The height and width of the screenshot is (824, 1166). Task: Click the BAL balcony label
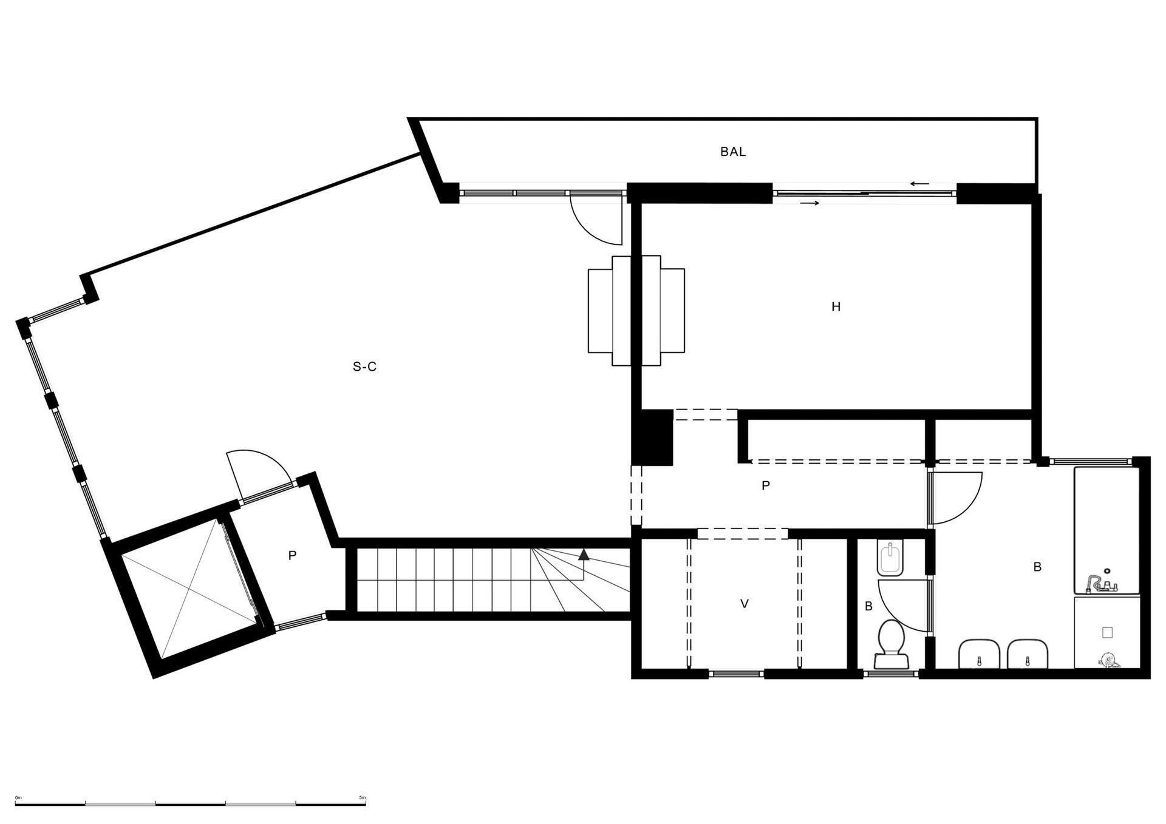pyautogui.click(x=732, y=152)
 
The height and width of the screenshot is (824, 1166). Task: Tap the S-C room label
pyautogui.click(x=364, y=366)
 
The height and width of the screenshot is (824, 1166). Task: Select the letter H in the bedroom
pyautogui.click(x=836, y=307)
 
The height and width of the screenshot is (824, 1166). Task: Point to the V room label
pyautogui.click(x=744, y=604)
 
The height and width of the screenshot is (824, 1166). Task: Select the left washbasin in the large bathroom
pyautogui.click(x=979, y=653)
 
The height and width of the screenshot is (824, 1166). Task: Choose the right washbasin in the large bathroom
pyautogui.click(x=1028, y=653)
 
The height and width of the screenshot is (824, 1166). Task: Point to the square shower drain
pyautogui.click(x=1107, y=632)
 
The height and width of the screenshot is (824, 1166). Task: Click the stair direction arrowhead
pyautogui.click(x=584, y=554)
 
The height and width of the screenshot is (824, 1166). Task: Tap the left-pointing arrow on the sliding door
pyautogui.click(x=919, y=184)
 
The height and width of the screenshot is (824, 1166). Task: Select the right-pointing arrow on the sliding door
pyautogui.click(x=810, y=203)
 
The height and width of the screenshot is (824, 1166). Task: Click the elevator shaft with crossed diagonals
pyautogui.click(x=189, y=589)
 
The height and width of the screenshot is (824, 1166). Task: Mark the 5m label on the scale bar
pyautogui.click(x=362, y=797)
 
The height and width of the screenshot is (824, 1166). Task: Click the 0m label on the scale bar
pyautogui.click(x=19, y=797)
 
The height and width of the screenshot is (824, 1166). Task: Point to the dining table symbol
pyautogui.click(x=636, y=311)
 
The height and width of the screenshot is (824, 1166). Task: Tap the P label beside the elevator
pyautogui.click(x=292, y=555)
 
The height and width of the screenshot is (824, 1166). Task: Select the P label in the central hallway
pyautogui.click(x=765, y=485)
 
